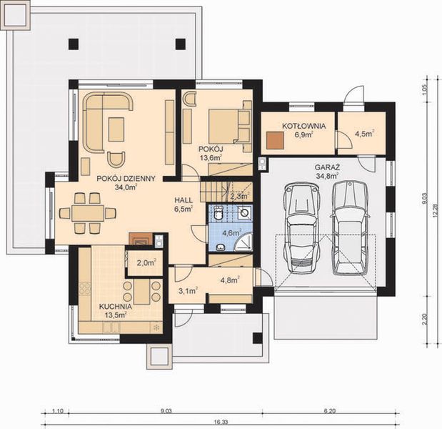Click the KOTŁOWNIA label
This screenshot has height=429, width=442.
point(303,125)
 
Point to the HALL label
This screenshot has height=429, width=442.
point(184,201)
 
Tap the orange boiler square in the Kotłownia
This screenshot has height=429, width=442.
point(274,139)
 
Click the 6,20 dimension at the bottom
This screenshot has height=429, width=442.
point(330,411)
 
